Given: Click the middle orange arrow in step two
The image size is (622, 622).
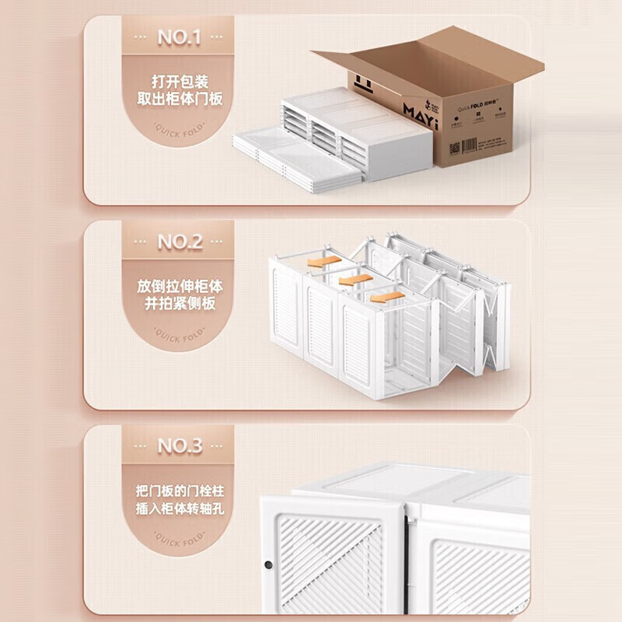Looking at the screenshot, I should coord(353,278).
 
